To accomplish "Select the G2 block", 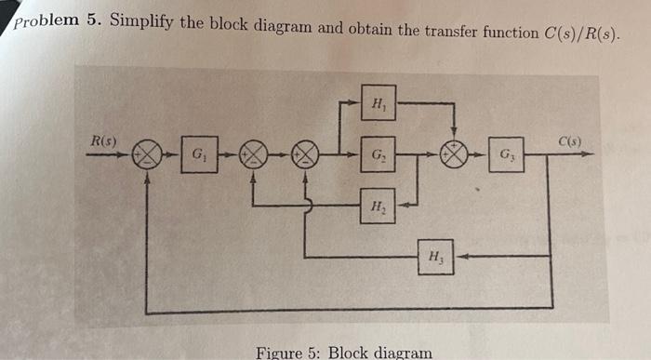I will tap(377, 154).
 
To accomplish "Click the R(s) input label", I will tap(101, 140).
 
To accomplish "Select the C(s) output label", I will tap(569, 141).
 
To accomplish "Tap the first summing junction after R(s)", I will tap(147, 155).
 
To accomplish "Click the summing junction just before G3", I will tap(453, 155).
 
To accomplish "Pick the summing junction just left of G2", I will tap(307, 155).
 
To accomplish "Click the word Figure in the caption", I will tap(279, 353).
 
